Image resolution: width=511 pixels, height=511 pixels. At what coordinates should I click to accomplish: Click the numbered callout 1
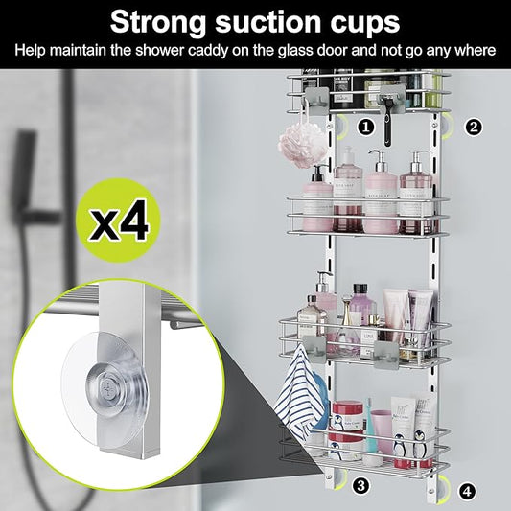[x=365, y=126]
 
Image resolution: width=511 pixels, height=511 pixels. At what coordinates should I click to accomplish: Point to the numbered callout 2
[x=474, y=126]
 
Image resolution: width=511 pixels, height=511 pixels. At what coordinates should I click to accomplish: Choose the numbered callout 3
[x=360, y=485]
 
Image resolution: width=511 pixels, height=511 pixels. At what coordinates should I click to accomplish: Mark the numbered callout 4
[x=467, y=491]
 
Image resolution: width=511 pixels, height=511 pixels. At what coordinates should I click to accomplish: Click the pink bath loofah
[x=297, y=146]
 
